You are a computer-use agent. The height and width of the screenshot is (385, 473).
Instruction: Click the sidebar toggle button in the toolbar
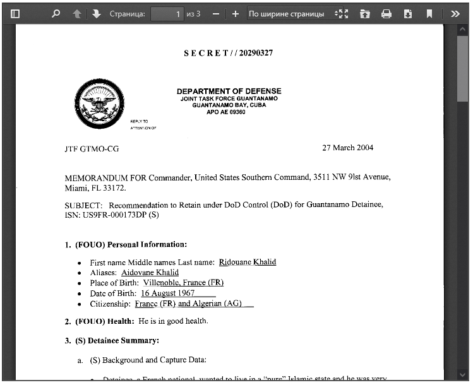(x=16, y=13)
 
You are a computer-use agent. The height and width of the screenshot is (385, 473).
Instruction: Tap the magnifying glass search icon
(x=56, y=13)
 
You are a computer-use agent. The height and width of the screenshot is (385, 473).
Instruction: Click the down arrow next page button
(x=96, y=13)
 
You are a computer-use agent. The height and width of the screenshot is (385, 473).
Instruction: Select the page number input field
(x=167, y=13)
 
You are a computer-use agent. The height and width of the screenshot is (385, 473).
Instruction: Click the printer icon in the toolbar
(x=386, y=13)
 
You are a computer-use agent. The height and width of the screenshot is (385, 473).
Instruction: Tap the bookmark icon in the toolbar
(x=429, y=13)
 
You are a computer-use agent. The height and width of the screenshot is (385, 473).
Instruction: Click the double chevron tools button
(x=455, y=13)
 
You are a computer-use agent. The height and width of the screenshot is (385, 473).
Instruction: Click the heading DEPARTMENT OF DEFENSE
(x=229, y=92)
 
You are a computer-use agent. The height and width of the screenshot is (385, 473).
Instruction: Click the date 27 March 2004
(x=347, y=148)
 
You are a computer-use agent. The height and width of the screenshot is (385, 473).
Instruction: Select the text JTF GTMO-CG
(x=92, y=149)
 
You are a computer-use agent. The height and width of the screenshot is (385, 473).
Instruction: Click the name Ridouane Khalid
(x=247, y=262)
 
